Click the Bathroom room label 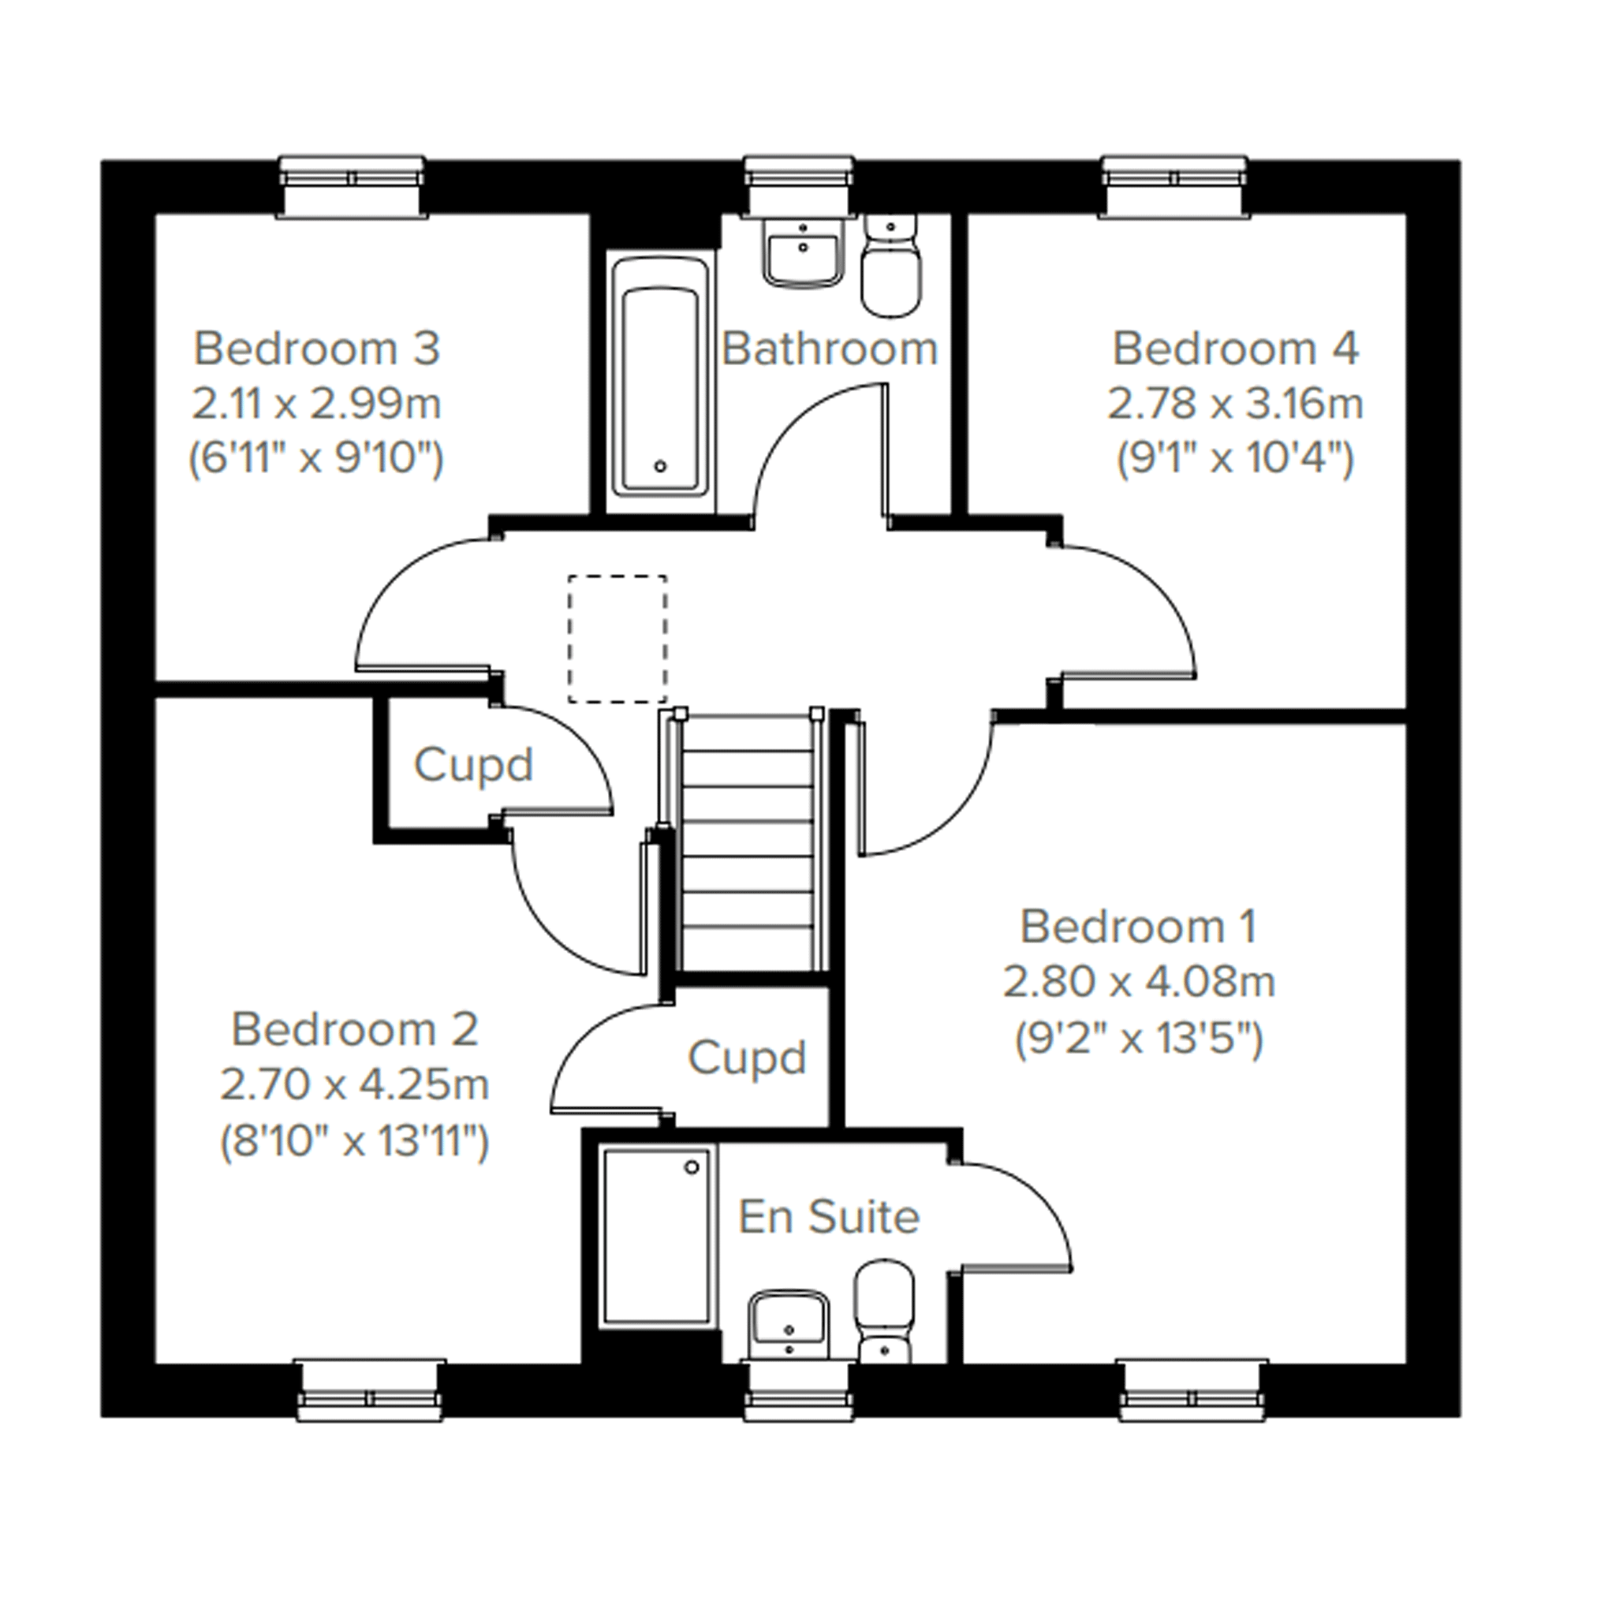point(830,349)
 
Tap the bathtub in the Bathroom point(659,384)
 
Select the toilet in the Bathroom point(891,264)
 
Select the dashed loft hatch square point(618,639)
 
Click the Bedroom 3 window point(353,186)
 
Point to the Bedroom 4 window point(1174,186)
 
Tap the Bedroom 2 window point(371,1391)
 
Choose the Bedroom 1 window point(1192,1391)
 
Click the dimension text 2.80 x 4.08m point(1139,982)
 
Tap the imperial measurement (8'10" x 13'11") point(355,1141)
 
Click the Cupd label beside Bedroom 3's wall point(473,766)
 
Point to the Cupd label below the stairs point(746,1058)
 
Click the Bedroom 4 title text point(1235,349)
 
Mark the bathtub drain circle point(659,467)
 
